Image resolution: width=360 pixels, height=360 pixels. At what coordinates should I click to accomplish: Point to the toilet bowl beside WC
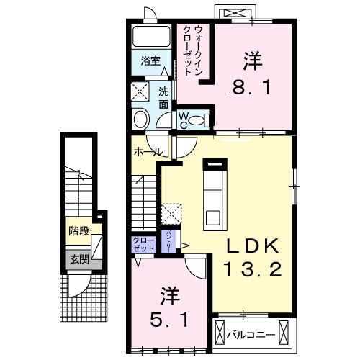tap(203, 120)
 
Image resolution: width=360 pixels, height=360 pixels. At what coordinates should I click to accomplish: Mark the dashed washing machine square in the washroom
tap(140, 92)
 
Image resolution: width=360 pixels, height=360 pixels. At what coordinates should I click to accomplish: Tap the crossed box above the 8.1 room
tap(236, 13)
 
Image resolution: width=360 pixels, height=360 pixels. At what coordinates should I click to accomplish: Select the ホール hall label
tap(146, 153)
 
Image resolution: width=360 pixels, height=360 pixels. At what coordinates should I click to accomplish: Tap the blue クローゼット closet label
tap(143, 243)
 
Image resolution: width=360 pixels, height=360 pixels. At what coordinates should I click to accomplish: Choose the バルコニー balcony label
tap(248, 335)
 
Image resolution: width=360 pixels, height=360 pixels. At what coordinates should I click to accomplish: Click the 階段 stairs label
tap(79, 231)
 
